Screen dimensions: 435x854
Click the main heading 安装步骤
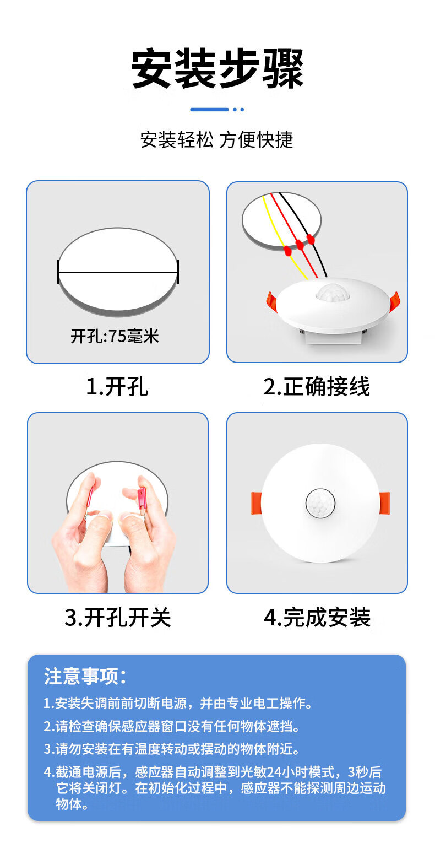217,69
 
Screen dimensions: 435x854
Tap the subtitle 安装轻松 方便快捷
217,139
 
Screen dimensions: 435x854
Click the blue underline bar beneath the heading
209,110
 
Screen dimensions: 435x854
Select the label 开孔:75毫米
115,336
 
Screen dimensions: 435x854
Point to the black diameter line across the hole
118,272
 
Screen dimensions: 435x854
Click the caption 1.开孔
117,386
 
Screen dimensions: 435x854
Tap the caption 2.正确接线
317,386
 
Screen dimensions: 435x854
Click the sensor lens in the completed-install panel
320,502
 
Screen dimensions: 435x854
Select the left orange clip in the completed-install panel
257,503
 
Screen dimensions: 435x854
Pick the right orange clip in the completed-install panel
384,503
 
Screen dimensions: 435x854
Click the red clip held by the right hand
142,498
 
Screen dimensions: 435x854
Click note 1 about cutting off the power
178,703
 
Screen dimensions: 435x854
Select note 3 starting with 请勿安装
171,749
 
